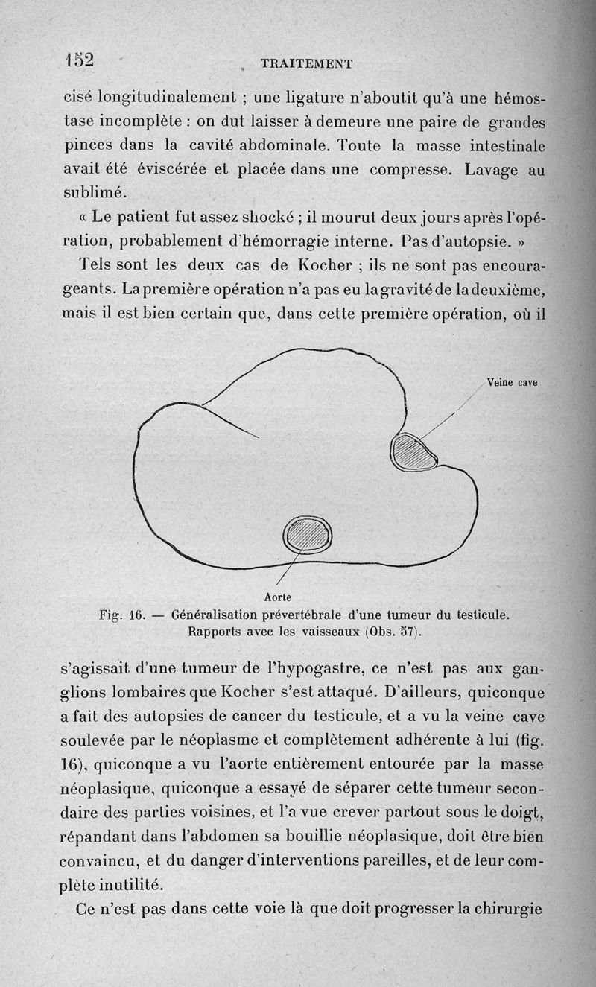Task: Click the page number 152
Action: coord(79,59)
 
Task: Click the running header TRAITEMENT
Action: coord(306,64)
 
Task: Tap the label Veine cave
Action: coord(512,383)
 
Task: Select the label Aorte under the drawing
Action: coord(277,597)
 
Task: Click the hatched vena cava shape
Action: coord(414,451)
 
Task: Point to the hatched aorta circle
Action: coord(308,534)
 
